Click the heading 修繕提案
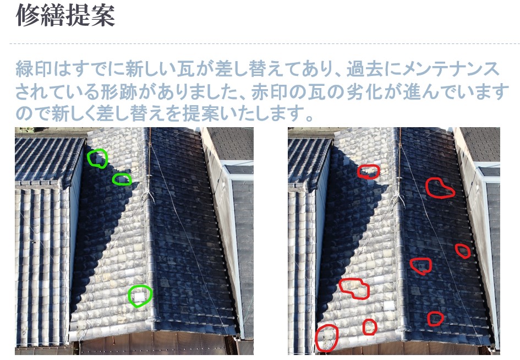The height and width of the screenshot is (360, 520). pyautogui.click(x=65, y=15)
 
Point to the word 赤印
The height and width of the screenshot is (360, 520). pyautogui.click(x=270, y=91)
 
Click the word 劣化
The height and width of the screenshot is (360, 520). pyautogui.click(x=364, y=91)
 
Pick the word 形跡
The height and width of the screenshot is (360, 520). pyautogui.click(x=119, y=91)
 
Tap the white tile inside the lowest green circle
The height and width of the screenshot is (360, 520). pyautogui.click(x=139, y=296)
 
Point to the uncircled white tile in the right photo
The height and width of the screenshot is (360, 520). pyautogui.click(x=388, y=306)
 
